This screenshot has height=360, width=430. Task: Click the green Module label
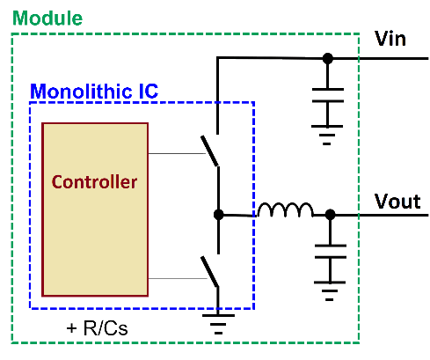pos(47,18)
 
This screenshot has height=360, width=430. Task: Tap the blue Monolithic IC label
pos(94,91)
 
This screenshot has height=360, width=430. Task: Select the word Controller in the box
pos(94,182)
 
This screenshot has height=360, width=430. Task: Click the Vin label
pos(390,39)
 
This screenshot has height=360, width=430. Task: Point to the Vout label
pos(397,202)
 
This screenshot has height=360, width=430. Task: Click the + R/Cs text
pos(97,327)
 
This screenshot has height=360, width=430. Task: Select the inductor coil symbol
pos(285,209)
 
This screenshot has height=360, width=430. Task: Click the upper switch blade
pos(209,151)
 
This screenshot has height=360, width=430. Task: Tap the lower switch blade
pos(209,271)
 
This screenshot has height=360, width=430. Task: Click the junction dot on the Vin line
pos(328,58)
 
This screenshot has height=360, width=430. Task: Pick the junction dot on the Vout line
pos(331,215)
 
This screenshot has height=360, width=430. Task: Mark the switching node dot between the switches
pos(218,215)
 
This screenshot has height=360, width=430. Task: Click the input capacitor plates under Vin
pos(328,95)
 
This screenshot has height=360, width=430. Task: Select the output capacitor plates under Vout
pos(331,252)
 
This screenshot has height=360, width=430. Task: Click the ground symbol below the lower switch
pos(218,324)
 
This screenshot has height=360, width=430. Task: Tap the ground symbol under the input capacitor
pos(327,135)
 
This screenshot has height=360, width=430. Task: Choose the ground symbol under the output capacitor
pos(330,291)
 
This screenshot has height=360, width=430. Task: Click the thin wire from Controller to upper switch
pos(177,153)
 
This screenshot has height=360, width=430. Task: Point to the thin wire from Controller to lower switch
pos(178,278)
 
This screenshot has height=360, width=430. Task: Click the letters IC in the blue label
pos(149,91)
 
